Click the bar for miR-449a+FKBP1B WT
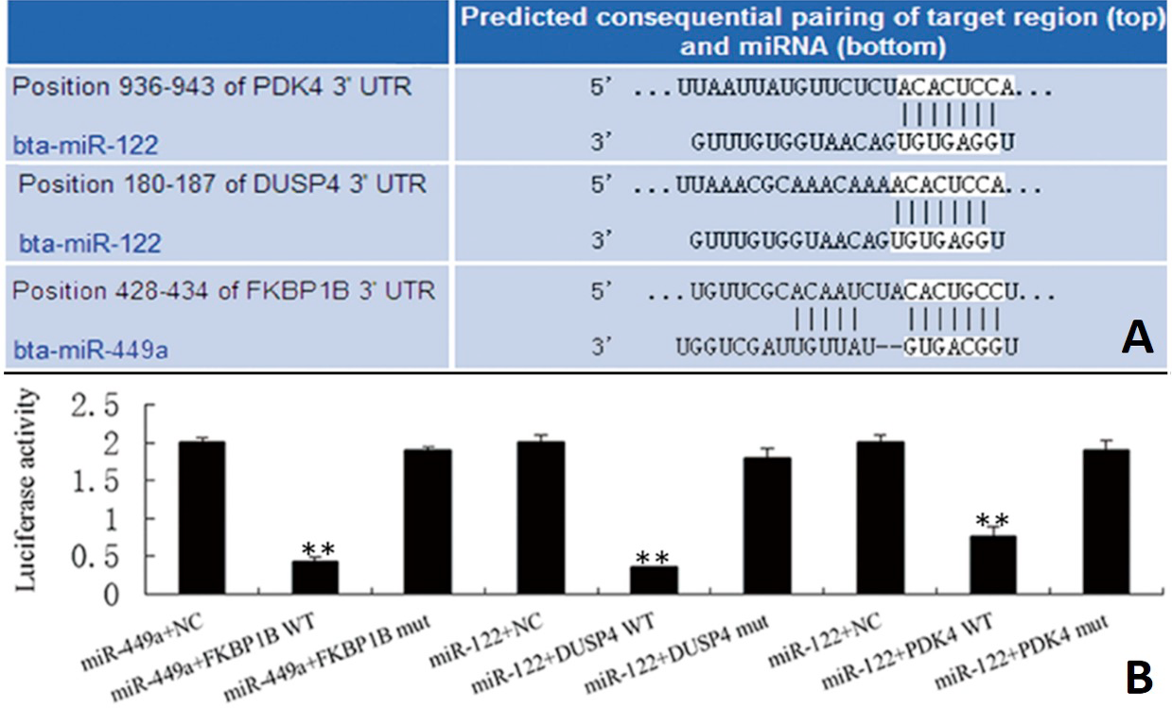315,578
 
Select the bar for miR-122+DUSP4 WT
654,580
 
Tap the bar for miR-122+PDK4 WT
992,565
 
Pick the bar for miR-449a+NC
202,518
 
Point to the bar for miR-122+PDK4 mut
1106,522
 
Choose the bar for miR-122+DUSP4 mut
767,526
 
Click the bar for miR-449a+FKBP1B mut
428,522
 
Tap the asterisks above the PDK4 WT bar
992,521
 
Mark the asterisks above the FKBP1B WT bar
318,549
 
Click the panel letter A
1137,337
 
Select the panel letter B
1138,678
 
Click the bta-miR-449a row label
91,350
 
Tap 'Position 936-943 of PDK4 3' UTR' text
212,87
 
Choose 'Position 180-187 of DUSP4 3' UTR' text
222,184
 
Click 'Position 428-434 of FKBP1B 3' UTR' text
223,290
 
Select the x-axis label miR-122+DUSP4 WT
563,654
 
